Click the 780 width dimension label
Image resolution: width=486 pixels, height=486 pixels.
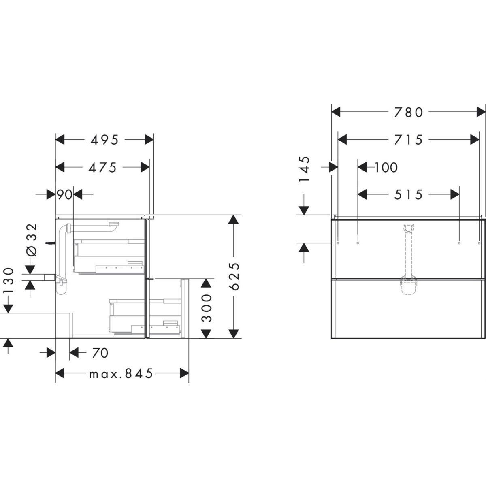click(x=408, y=112)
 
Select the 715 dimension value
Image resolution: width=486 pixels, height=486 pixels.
click(x=408, y=140)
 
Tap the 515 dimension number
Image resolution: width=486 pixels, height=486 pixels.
click(x=408, y=194)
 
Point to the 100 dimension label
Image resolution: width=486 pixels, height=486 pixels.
click(x=386, y=167)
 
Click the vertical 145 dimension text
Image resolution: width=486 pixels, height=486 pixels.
click(x=304, y=169)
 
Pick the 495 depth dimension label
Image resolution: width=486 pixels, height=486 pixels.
click(x=104, y=140)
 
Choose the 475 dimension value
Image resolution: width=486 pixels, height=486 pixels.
click(x=102, y=167)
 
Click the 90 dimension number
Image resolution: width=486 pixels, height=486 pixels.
click(x=64, y=194)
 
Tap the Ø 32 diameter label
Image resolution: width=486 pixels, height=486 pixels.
click(x=32, y=240)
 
